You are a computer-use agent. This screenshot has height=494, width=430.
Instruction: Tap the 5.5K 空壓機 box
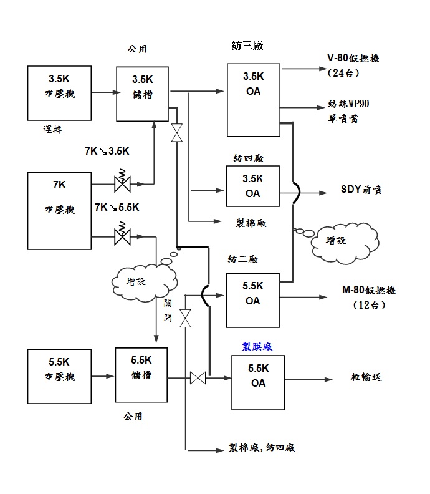click(60, 376)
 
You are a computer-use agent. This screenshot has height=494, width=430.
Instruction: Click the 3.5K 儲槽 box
click(142, 94)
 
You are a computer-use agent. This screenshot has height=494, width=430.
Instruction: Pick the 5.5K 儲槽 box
click(141, 375)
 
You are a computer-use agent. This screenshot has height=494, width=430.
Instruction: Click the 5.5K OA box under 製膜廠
click(258, 382)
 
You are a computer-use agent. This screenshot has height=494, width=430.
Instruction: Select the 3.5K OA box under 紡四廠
click(252, 186)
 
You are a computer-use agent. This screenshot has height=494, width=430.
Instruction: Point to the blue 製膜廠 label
click(257, 345)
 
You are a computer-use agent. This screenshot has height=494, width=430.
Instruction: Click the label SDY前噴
click(361, 190)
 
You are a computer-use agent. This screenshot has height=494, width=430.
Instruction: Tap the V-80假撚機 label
click(353, 59)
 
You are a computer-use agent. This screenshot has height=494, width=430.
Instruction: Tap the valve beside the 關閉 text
click(185, 319)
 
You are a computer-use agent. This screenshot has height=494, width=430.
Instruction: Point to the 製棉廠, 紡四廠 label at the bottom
click(261, 448)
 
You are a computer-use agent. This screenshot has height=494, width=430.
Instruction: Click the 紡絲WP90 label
click(352, 103)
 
